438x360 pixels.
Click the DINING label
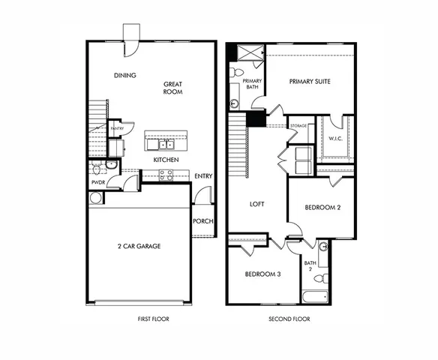pyautogui.click(x=124, y=76)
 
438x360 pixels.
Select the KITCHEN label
pyautogui.click(x=165, y=160)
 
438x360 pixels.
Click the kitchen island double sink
pyautogui.click(x=160, y=143)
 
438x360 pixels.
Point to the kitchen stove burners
pyautogui.click(x=165, y=175)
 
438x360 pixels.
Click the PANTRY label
pyautogui.click(x=116, y=129)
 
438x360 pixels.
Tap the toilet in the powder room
pyautogui.click(x=111, y=165)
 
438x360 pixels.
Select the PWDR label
pyautogui.click(x=97, y=181)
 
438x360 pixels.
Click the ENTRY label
pyautogui.click(x=202, y=176)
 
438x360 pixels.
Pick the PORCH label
pyautogui.click(x=202, y=221)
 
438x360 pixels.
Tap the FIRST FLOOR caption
pyautogui.click(x=153, y=319)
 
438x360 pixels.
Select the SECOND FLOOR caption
pyautogui.click(x=289, y=319)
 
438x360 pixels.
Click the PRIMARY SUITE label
pyautogui.click(x=310, y=82)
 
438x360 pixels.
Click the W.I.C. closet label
pyautogui.click(x=335, y=138)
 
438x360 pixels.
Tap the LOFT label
pyautogui.click(x=256, y=204)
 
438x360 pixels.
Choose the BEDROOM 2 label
pyautogui.click(x=324, y=207)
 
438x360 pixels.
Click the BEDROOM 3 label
pyautogui.click(x=262, y=274)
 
